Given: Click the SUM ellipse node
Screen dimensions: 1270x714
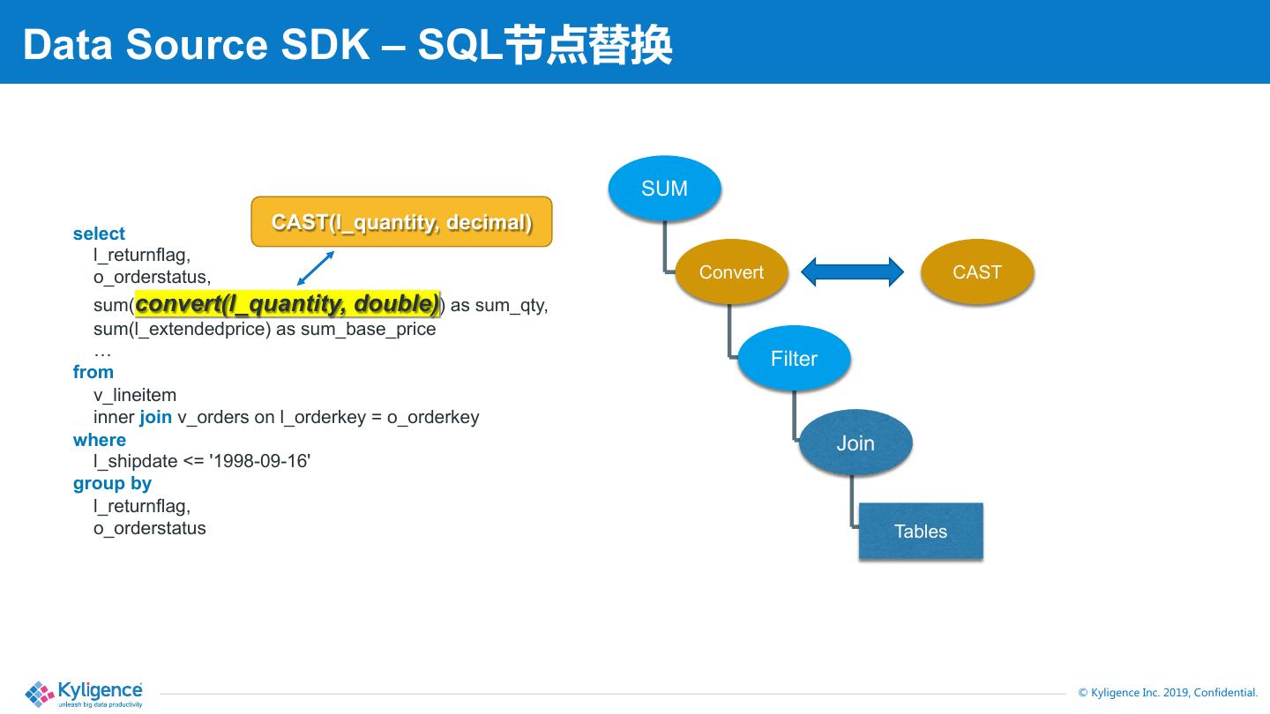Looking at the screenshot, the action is click(664, 188).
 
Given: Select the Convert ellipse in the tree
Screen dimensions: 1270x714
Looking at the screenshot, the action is click(731, 272).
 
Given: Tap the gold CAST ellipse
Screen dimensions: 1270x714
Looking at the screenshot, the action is click(977, 272).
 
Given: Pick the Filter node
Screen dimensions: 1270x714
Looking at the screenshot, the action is click(794, 358).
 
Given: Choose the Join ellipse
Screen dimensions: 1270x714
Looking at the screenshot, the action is click(855, 443).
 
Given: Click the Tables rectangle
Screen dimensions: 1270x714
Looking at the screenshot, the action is click(921, 531).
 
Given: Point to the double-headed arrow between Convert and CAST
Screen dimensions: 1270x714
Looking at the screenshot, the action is click(852, 272).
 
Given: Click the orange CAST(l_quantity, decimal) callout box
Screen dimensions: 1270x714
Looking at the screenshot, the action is click(401, 221).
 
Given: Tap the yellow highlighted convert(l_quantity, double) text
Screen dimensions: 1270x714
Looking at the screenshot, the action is click(288, 304).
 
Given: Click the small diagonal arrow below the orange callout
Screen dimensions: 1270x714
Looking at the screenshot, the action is click(316, 268).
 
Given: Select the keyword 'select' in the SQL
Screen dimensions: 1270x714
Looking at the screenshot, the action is click(99, 234).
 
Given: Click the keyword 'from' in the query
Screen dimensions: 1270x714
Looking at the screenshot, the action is click(93, 372).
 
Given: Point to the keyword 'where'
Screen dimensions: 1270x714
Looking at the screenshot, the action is click(99, 440).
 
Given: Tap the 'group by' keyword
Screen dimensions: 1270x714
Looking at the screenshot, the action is click(112, 483).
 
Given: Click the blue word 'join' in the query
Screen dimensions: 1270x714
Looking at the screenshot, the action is click(155, 417).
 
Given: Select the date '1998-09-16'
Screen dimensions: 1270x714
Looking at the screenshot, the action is click(259, 461).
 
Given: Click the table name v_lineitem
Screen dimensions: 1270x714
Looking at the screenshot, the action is click(135, 394).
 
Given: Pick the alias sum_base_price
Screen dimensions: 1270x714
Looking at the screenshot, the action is click(368, 330).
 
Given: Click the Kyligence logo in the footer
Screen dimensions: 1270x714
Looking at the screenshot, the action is click(84, 694).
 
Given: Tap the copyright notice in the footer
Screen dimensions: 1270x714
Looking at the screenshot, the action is click(1168, 693).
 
